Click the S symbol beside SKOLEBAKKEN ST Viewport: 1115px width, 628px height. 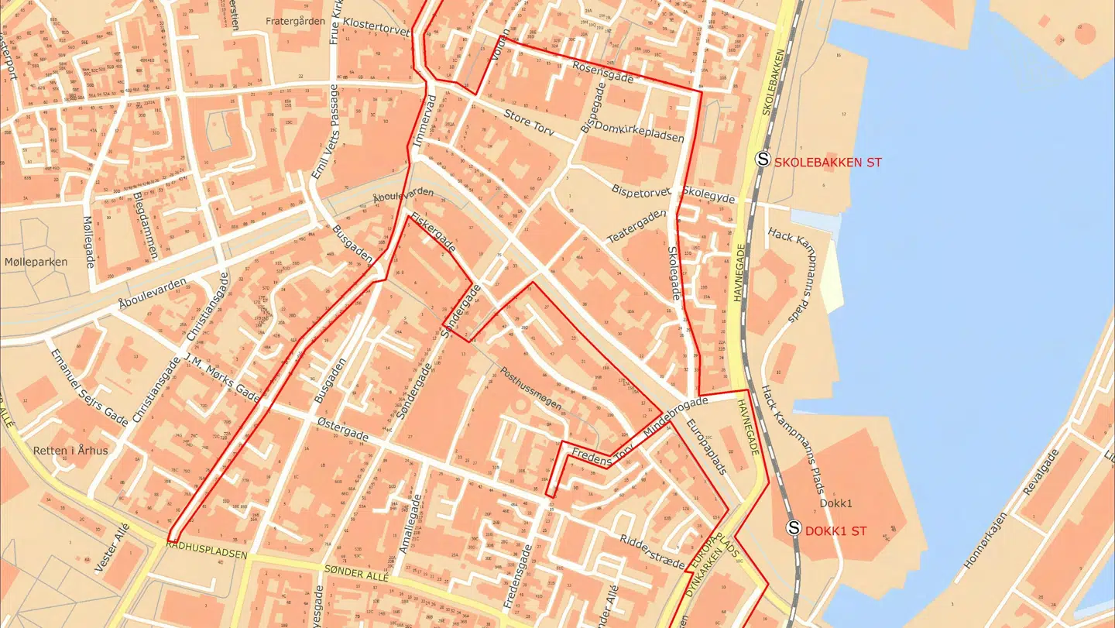[x=763, y=160]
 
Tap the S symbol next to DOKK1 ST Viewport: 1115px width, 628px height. [x=794, y=528]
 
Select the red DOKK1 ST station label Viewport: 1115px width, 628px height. [x=835, y=531]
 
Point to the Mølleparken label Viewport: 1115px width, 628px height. [x=36, y=262]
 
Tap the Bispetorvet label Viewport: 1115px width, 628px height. [x=640, y=190]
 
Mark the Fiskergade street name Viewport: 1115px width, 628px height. [x=434, y=232]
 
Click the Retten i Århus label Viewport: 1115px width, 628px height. [x=70, y=450]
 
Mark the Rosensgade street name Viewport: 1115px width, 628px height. [x=603, y=73]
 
